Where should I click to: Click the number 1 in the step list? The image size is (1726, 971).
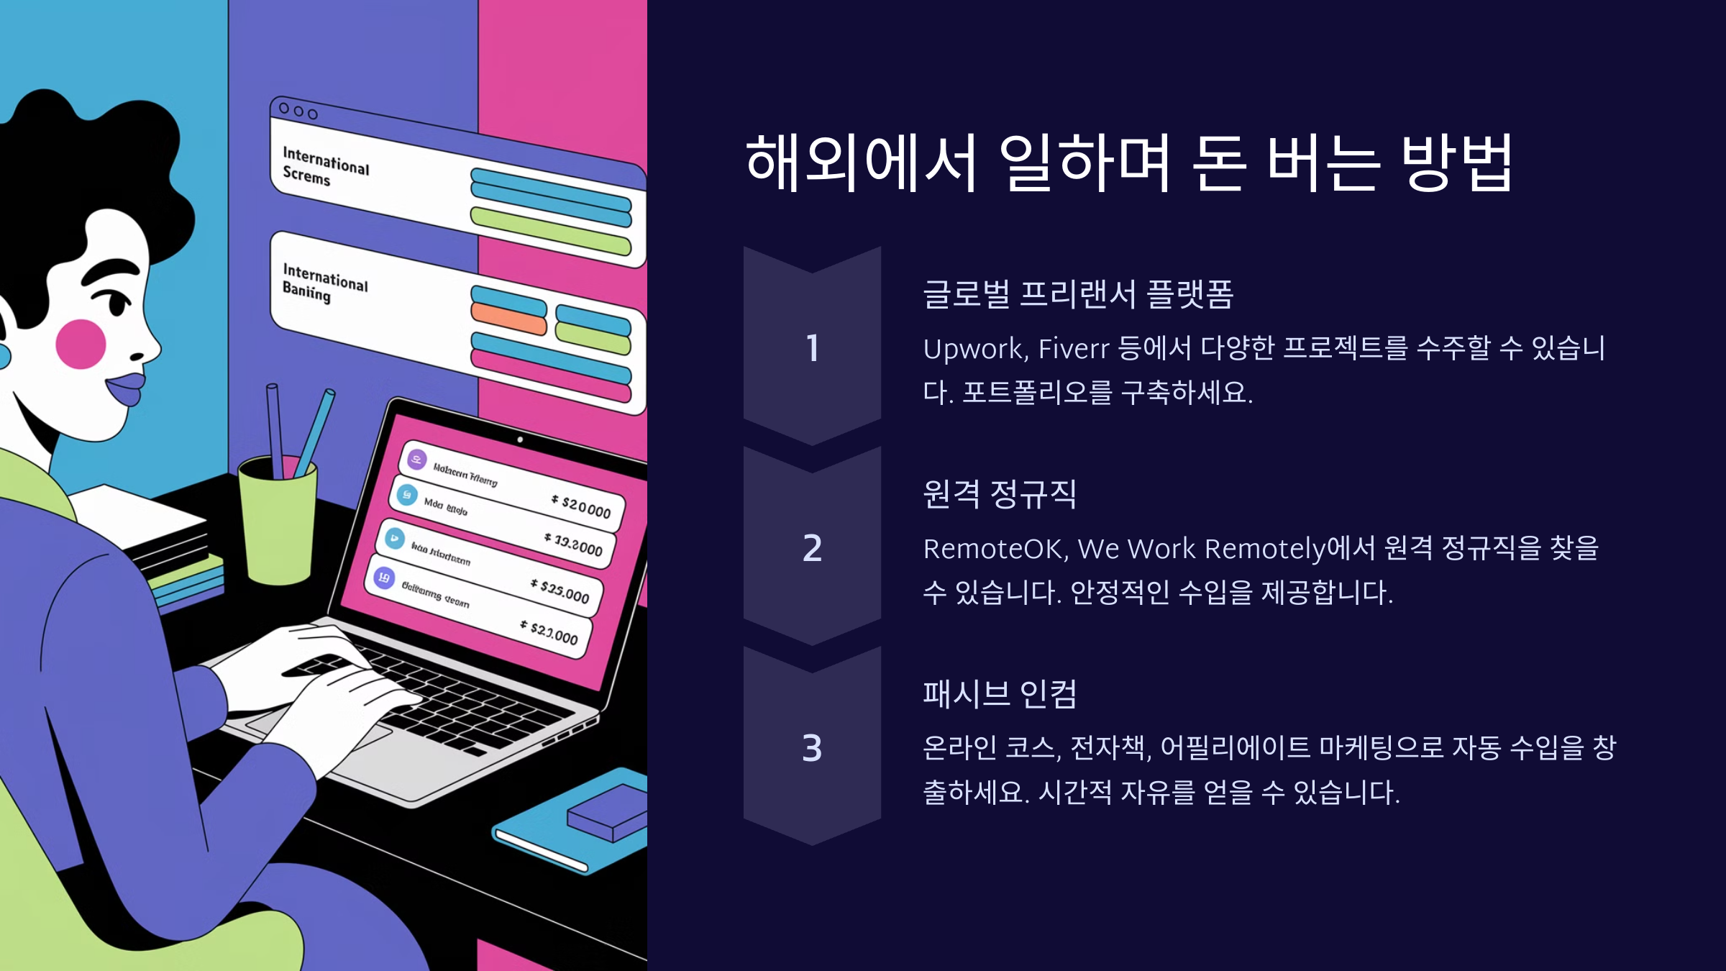click(812, 348)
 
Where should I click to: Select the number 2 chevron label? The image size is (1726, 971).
click(812, 548)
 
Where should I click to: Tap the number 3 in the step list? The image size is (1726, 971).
click(812, 748)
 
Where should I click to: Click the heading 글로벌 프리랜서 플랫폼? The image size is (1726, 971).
click(1077, 294)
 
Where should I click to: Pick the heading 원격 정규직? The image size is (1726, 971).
click(999, 494)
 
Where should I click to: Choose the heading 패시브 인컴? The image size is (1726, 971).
click(999, 694)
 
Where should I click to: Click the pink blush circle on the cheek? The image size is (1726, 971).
click(81, 344)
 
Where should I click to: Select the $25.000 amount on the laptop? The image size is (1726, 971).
click(561, 591)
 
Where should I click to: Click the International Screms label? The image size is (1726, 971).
click(324, 166)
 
